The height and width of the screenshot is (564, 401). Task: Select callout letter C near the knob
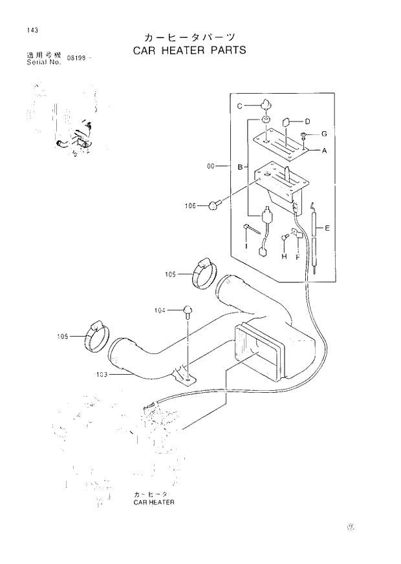[239, 106]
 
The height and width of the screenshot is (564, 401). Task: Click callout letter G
[324, 134]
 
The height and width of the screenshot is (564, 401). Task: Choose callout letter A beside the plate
[324, 150]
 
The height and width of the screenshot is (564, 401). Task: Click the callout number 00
[211, 167]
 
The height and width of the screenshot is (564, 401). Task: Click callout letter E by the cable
[327, 228]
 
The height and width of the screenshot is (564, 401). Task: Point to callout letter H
[283, 257]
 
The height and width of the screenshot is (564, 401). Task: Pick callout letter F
[298, 257]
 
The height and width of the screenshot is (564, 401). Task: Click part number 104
[160, 311]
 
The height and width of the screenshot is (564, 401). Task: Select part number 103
[102, 374]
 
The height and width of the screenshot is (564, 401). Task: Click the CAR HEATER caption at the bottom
[154, 501]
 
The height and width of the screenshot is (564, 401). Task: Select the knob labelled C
[266, 104]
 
